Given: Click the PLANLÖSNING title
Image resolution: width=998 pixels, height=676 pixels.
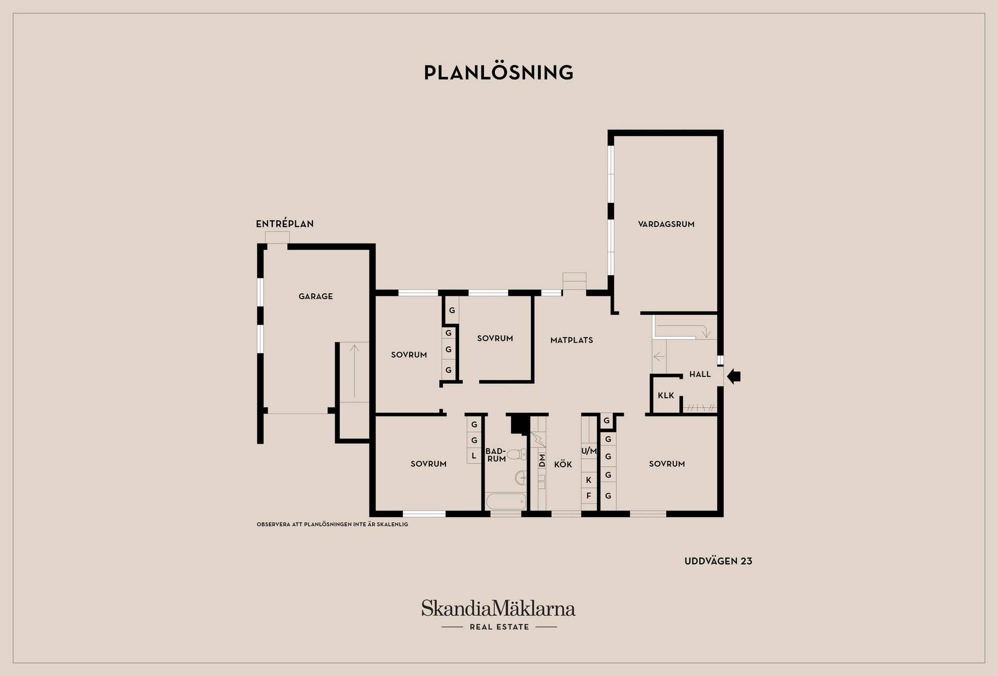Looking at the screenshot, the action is pyautogui.click(x=498, y=72).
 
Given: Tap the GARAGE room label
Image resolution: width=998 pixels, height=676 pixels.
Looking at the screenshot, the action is pyautogui.click(x=316, y=296).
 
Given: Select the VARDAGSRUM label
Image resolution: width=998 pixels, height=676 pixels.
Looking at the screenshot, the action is pyautogui.click(x=666, y=224).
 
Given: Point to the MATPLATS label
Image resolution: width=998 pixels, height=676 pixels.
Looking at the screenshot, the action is pyautogui.click(x=572, y=340).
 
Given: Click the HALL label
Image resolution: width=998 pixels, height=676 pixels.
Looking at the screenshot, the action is pyautogui.click(x=700, y=374).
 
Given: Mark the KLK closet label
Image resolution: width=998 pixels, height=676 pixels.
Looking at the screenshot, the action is pyautogui.click(x=666, y=396).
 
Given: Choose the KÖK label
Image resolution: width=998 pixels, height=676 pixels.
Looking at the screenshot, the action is pyautogui.click(x=563, y=464).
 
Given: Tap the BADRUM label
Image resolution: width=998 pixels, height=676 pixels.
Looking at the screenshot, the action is pyautogui.click(x=496, y=455).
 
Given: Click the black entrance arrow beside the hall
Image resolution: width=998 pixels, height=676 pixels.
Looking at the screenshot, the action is pyautogui.click(x=733, y=376).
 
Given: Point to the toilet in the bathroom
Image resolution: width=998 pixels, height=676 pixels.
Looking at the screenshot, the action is pyautogui.click(x=516, y=455).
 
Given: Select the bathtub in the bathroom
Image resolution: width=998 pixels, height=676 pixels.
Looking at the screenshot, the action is pyautogui.click(x=506, y=502).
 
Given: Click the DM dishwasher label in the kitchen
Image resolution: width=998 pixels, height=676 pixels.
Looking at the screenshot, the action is pyautogui.click(x=542, y=461).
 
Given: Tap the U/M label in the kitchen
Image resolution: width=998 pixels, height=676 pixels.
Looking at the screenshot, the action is pyautogui.click(x=589, y=451).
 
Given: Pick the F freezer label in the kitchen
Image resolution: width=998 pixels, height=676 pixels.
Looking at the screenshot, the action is pyautogui.click(x=589, y=496).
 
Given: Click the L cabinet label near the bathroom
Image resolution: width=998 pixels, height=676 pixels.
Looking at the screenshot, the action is pyautogui.click(x=474, y=456).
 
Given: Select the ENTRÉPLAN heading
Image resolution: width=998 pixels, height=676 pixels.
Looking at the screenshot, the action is pyautogui.click(x=285, y=224).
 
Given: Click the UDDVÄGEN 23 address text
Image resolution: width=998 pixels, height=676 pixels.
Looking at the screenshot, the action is pyautogui.click(x=718, y=561).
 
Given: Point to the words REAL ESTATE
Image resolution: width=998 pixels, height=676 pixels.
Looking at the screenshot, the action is pyautogui.click(x=500, y=627).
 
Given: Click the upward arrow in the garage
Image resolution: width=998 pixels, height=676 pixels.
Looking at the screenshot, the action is pyautogui.click(x=354, y=371).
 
